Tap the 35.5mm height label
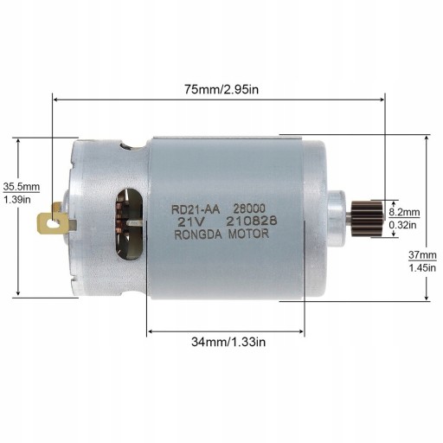22,186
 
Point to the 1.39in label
17,199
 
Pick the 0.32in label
402,225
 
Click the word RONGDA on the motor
196,233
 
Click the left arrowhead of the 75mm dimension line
57,99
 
